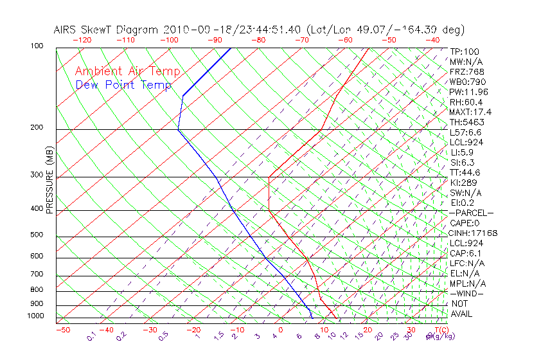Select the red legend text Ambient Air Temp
[x=128, y=71]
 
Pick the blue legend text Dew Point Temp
[x=123, y=85]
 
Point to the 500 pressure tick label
[x=37, y=235]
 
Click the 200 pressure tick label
[x=37, y=128]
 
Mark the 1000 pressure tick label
[x=35, y=316]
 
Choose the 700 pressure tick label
[x=37, y=274]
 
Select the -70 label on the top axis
[x=301, y=40]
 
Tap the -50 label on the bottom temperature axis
[x=62, y=330]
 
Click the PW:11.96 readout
[x=468, y=92]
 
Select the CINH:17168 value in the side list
[x=474, y=233]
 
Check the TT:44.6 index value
[x=465, y=172]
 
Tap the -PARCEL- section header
[x=471, y=213]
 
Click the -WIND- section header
[x=467, y=293]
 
